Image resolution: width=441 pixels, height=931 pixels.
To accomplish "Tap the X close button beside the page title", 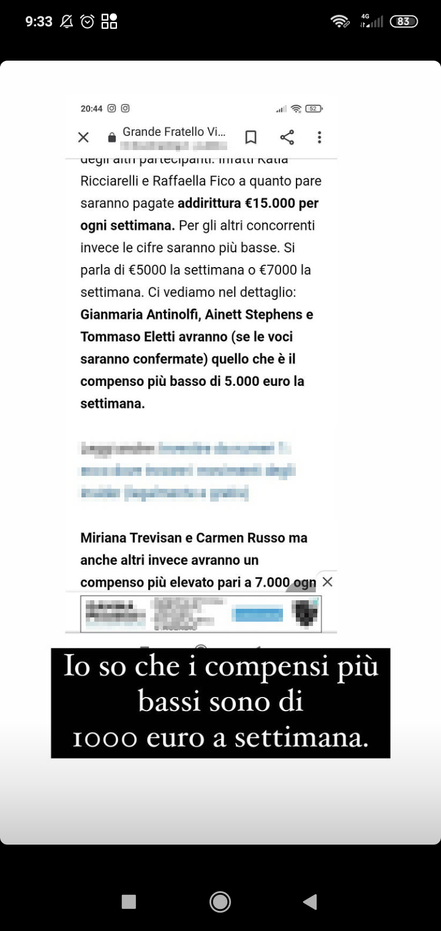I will pos(83,137).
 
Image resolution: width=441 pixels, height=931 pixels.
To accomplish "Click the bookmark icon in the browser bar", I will pos(251,137).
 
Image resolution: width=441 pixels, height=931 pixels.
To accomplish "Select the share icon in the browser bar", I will pos(287,137).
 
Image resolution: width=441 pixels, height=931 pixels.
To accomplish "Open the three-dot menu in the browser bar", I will pos(319,137).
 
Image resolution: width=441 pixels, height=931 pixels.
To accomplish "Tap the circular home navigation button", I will pos(220,901).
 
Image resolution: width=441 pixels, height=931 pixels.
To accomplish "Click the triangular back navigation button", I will pos(310,901).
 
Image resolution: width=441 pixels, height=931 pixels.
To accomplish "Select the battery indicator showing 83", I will pos(404,21).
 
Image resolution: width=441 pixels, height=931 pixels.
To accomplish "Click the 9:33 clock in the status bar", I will pos(39,21).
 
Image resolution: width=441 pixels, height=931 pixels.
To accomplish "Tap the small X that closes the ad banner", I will pos(328,581).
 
